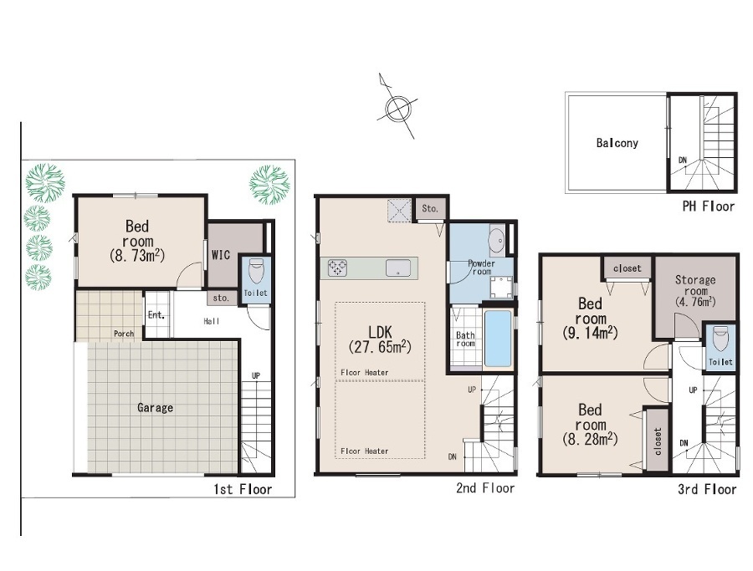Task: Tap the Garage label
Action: (155, 408)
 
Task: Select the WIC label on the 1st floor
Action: (221, 255)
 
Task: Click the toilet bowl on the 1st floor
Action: (256, 271)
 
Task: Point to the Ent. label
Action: (156, 315)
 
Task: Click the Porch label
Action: (124, 334)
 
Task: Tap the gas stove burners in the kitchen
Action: (338, 268)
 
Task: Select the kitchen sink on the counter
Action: (398, 268)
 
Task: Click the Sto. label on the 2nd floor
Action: (430, 209)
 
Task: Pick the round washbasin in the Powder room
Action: (496, 238)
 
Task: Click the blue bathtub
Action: (498, 339)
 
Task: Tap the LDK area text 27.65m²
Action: (380, 346)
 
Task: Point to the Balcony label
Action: (617, 143)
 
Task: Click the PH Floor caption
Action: (709, 206)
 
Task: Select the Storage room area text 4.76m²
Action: (695, 302)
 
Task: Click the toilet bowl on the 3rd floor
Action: (721, 339)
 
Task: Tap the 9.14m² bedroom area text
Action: (590, 333)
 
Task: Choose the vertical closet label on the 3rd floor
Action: (658, 441)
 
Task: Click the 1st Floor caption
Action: (243, 489)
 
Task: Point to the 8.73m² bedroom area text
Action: (137, 255)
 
